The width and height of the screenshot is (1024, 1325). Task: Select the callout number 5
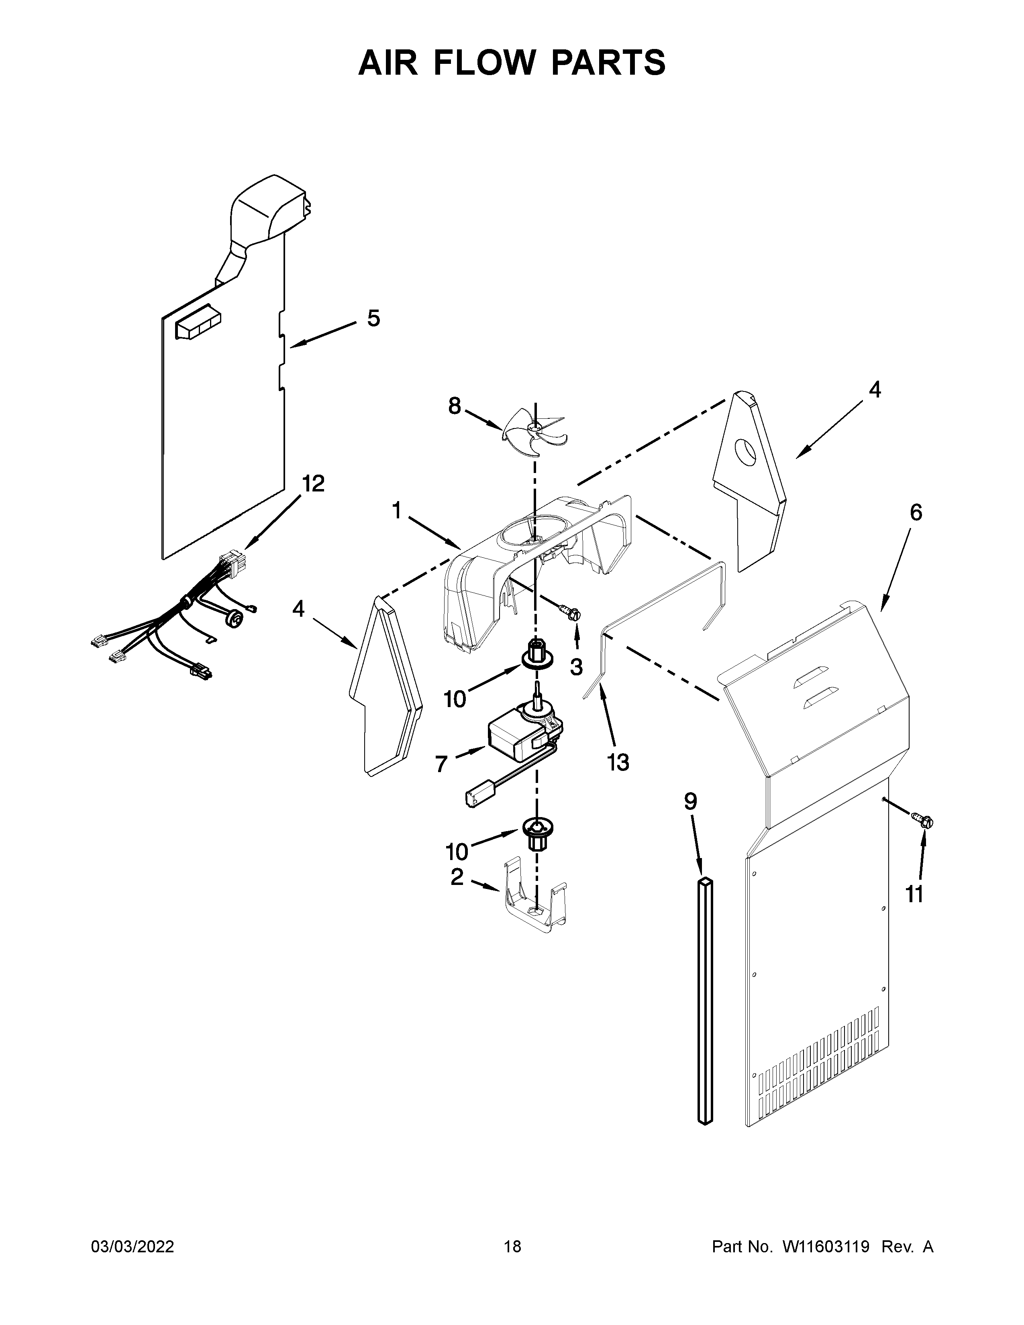(x=374, y=318)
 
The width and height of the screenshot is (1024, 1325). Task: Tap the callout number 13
(x=618, y=762)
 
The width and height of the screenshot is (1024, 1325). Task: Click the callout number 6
(x=916, y=513)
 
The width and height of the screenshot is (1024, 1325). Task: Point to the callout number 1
(x=397, y=511)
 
